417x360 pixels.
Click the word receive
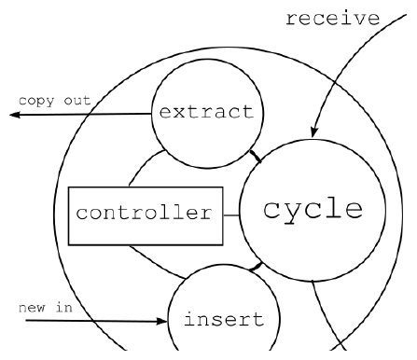[333, 19]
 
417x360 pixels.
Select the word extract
[207, 112]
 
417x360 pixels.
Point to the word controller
[144, 213]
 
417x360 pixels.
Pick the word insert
[224, 319]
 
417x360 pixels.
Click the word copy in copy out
[36, 101]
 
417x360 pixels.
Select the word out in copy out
[77, 100]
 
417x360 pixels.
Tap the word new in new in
[32, 308]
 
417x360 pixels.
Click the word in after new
[64, 307]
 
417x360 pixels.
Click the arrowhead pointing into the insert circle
[162, 321]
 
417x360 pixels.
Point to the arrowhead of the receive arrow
[314, 132]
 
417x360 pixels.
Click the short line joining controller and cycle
[231, 215]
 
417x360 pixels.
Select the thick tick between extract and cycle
[256, 156]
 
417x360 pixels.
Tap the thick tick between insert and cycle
[256, 267]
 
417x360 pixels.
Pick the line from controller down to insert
[157, 263]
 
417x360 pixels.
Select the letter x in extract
[180, 113]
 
